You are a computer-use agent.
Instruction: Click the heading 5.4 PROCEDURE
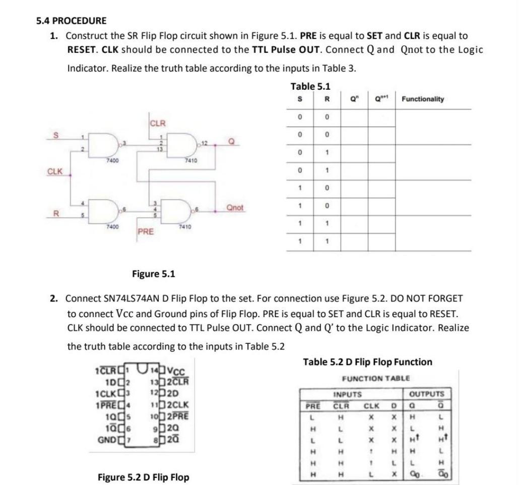point(71,21)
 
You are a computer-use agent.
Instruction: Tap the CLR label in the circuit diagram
point(158,123)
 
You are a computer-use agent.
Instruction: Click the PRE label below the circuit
point(146,232)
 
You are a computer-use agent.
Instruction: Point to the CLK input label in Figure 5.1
point(55,171)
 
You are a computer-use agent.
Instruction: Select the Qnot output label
point(235,208)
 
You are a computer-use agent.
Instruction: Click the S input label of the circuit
point(56,135)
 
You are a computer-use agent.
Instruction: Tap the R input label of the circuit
point(56,213)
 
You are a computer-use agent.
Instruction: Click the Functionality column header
point(423,99)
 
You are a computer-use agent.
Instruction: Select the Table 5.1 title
point(310,87)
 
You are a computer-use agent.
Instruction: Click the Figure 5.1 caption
point(153,274)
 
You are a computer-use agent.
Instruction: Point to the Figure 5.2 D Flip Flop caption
point(143,477)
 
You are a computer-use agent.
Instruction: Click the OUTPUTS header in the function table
point(426,393)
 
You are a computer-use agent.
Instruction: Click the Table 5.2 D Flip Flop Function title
point(367,362)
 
